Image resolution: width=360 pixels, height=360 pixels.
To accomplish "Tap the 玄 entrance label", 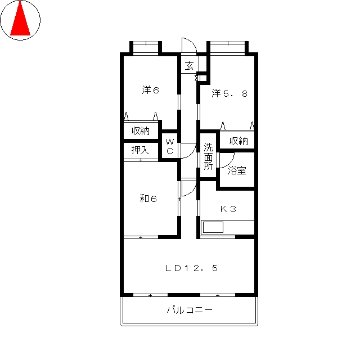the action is (190, 66).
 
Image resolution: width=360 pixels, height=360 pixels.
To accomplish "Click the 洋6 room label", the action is (150, 90).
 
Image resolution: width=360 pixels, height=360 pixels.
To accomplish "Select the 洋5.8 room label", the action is (229, 93).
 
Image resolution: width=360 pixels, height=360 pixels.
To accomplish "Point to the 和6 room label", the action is (148, 199).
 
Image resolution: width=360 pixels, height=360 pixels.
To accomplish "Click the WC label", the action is (170, 146).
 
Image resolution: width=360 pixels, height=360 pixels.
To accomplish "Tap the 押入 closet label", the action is (141, 150).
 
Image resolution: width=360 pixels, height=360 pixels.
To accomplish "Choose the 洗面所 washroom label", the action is (208, 156).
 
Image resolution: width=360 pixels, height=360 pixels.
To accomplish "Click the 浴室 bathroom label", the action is (237, 170).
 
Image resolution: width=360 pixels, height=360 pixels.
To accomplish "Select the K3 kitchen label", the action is (228, 209).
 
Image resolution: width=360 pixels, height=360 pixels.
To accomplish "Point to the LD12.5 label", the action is (191, 268).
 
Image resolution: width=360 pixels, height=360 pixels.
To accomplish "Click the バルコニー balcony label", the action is (190, 310).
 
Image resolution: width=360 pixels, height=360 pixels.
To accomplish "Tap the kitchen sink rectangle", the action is (213, 227).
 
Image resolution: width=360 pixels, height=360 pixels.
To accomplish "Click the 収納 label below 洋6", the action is (141, 131).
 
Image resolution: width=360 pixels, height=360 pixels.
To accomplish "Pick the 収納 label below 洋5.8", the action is (238, 141).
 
